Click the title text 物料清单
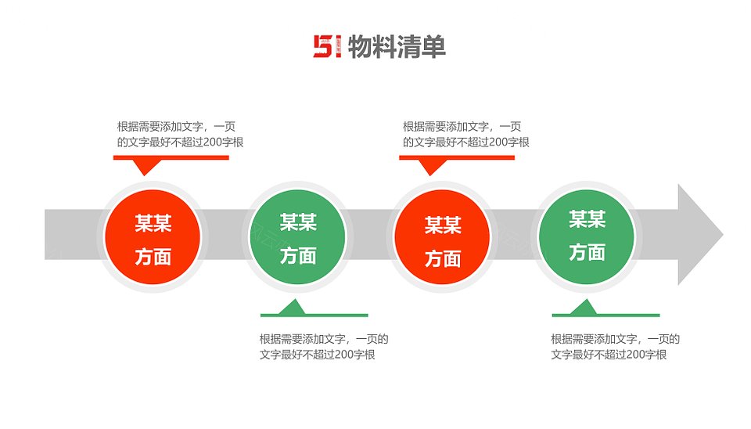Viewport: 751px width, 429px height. [397, 47]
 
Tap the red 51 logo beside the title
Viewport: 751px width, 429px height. [328, 46]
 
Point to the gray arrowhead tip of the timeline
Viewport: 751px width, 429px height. [722, 234]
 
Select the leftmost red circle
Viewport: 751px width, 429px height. [153, 236]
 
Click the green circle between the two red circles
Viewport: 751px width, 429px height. [297, 236]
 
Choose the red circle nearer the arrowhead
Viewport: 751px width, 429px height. [442, 236]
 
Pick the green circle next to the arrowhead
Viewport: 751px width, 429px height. [587, 236]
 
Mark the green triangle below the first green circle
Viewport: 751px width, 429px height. [292, 308]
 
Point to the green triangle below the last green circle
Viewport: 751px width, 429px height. [584, 308]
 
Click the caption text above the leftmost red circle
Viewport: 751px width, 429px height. [180, 134]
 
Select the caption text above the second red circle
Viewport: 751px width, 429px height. [465, 134]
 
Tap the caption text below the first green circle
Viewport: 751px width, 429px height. [324, 347]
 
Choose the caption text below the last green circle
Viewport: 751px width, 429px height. [615, 347]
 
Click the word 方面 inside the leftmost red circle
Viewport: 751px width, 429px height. [153, 257]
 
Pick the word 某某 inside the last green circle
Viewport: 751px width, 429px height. [588, 219]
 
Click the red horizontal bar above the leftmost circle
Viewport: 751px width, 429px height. [171, 157]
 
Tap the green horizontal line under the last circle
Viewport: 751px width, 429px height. [605, 315]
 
